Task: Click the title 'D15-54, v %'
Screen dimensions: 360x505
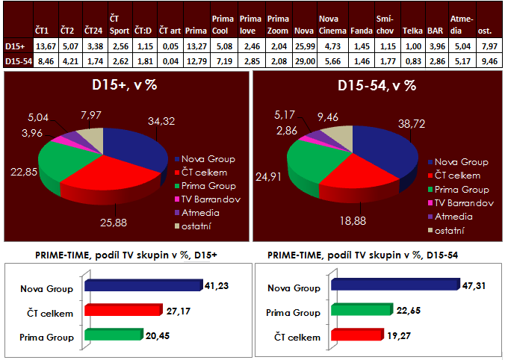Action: click(377, 85)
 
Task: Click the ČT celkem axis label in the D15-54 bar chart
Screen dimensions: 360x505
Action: click(300, 337)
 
